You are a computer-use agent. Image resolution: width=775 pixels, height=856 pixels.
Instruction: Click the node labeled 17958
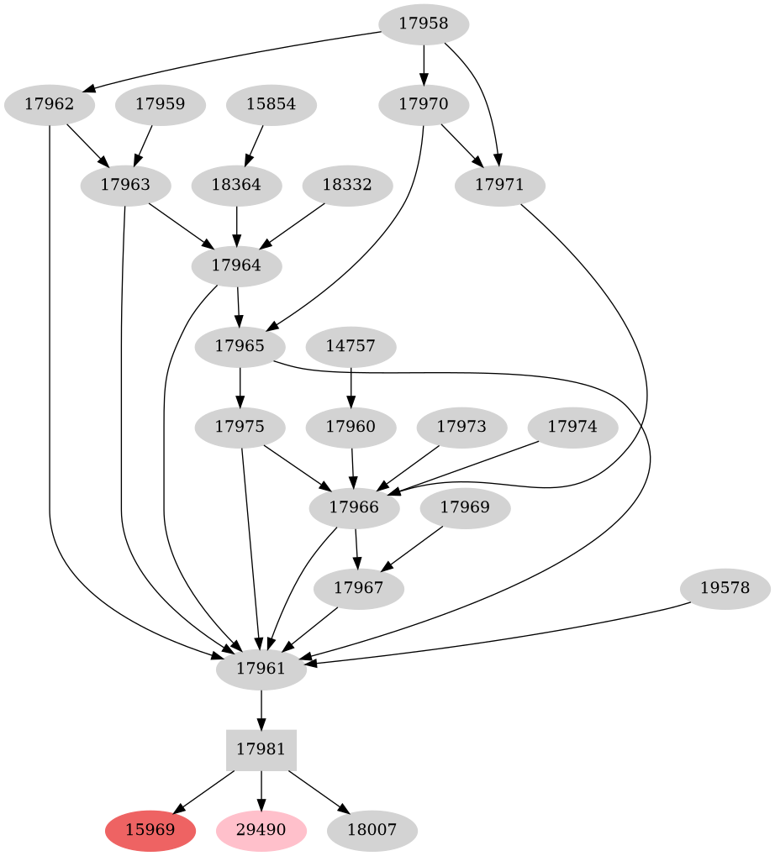pos(424,24)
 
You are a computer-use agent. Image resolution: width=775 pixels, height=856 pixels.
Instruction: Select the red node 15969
pos(150,831)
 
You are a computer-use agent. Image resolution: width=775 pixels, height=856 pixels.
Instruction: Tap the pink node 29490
pos(261,831)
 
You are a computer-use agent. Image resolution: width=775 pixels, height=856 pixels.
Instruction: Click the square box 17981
pos(261,749)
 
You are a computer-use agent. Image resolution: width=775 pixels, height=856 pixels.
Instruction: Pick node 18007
pos(372,831)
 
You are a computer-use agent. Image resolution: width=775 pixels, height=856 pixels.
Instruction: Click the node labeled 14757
pos(351,346)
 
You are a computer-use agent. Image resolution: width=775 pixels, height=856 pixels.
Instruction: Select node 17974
pos(572,427)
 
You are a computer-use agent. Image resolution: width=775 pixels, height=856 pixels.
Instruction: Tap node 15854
pos(272,105)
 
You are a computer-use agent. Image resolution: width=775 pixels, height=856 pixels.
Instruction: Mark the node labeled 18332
pos(347,185)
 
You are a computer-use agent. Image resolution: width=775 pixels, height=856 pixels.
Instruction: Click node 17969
pos(465,507)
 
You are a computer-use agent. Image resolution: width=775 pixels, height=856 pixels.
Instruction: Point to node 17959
pos(161,105)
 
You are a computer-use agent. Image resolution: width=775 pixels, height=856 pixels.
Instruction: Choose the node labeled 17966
pos(354,507)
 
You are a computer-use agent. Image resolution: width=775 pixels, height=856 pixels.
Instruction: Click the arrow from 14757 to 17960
pos(351,386)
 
